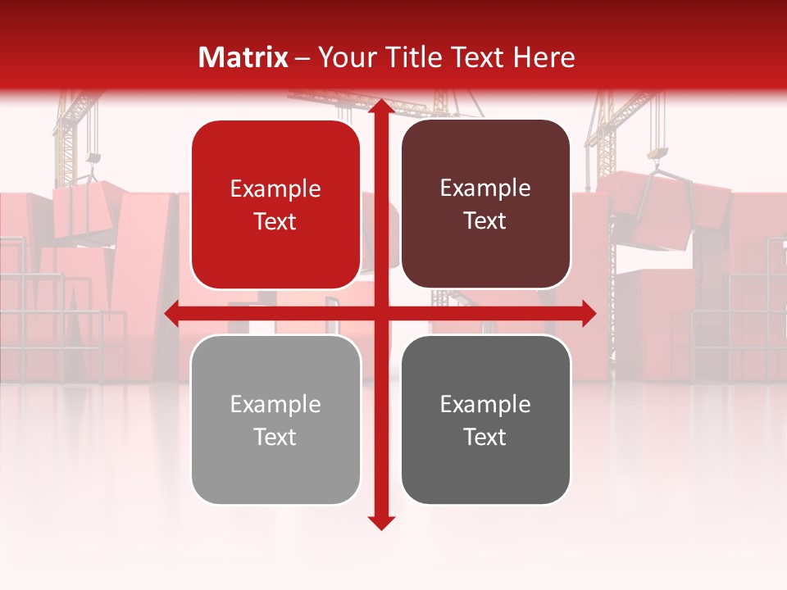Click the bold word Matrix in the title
(x=243, y=57)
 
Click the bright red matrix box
(x=275, y=205)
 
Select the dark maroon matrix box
(x=485, y=204)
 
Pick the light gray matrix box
(x=275, y=420)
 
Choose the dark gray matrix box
(x=485, y=420)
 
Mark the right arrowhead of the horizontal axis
(x=588, y=313)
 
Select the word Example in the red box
(x=275, y=189)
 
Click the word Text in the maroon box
(x=485, y=221)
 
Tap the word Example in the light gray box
(x=275, y=405)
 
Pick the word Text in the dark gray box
(x=485, y=437)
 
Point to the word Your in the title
(x=344, y=57)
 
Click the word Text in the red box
(x=275, y=222)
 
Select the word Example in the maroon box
(x=485, y=188)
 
